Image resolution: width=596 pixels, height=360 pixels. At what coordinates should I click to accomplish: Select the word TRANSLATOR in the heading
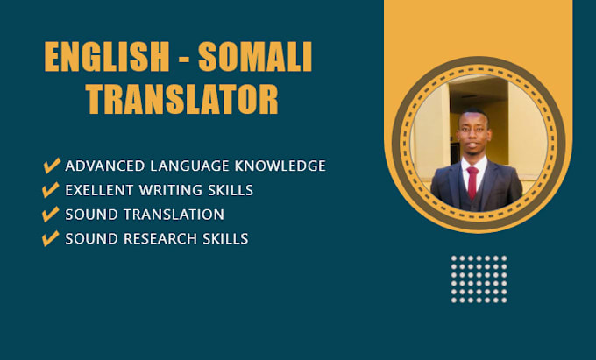pos(182,99)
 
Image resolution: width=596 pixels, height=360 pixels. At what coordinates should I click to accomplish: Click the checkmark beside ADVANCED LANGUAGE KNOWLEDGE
pos(52,166)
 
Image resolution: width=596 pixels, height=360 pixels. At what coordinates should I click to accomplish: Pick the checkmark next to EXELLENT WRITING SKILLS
pos(52,189)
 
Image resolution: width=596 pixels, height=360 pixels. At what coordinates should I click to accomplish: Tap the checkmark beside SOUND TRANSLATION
pos(52,214)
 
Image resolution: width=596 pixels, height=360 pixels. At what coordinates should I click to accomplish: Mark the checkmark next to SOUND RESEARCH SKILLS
pos(52,238)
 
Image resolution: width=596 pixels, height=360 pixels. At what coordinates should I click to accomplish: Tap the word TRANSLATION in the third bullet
pos(170,214)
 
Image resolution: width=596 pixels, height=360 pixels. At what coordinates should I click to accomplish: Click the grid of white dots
pos(479,279)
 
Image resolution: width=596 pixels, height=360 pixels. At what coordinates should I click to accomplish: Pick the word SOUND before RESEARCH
pos(87,238)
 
